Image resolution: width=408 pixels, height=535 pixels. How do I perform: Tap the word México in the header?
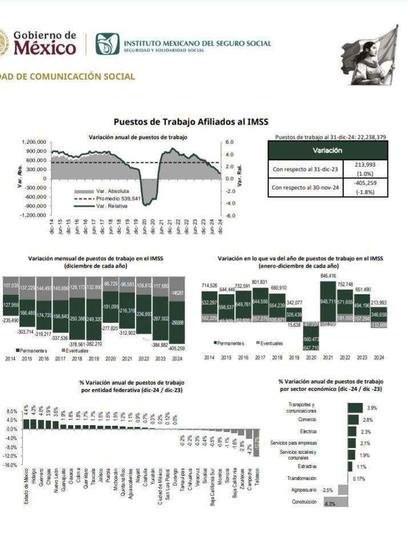(x=45, y=48)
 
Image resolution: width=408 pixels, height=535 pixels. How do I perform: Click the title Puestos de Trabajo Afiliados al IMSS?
(x=190, y=121)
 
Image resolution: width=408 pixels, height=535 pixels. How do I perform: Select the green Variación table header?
(x=327, y=150)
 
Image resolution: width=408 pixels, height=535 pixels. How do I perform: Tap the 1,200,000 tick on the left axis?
(x=34, y=142)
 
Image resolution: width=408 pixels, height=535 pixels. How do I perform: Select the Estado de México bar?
(x=25, y=424)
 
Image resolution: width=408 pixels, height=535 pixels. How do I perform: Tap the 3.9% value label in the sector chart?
(x=373, y=408)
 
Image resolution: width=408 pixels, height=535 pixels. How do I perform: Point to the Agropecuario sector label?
(x=303, y=490)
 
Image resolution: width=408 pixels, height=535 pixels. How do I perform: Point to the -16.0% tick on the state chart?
(x=11, y=465)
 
